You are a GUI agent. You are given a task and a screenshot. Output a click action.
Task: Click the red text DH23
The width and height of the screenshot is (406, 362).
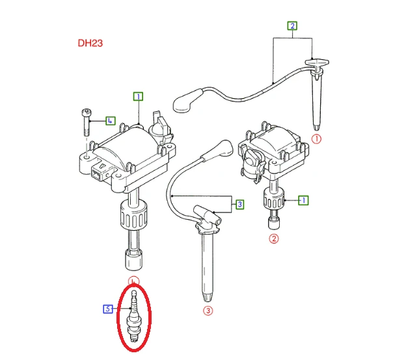(x=90, y=43)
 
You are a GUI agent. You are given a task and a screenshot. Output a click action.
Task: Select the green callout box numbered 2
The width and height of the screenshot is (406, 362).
(x=292, y=26)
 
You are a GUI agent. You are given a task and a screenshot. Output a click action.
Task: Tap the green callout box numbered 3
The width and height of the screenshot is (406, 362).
(x=240, y=204)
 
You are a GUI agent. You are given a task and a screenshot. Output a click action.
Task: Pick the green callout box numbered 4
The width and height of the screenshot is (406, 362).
(x=111, y=121)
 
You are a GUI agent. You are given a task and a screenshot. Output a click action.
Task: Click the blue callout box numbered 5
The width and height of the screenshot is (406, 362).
(x=108, y=309)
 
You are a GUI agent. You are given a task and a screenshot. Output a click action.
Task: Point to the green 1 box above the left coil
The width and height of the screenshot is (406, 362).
(x=139, y=96)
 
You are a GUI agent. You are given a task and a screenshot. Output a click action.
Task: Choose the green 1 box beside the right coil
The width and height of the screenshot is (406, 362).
(x=303, y=200)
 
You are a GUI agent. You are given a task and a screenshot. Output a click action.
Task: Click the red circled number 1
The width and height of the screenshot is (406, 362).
(x=316, y=139)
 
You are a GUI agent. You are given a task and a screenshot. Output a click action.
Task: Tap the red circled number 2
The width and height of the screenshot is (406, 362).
(x=274, y=239)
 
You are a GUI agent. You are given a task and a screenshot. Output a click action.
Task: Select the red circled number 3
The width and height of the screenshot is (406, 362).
(x=208, y=310)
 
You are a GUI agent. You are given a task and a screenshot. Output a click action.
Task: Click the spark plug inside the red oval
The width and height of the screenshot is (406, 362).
(x=133, y=317)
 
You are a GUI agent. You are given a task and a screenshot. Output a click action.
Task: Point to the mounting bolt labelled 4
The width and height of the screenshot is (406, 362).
(x=86, y=122)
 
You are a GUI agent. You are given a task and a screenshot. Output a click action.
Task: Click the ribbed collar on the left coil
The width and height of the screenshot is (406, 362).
(x=134, y=215)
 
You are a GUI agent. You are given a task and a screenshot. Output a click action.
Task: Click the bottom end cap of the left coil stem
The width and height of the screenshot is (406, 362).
(x=133, y=259)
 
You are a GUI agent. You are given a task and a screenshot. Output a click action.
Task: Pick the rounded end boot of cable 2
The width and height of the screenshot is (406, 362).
(x=187, y=101)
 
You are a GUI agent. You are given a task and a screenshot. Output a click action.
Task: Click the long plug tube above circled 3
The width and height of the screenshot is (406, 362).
(x=208, y=266)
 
